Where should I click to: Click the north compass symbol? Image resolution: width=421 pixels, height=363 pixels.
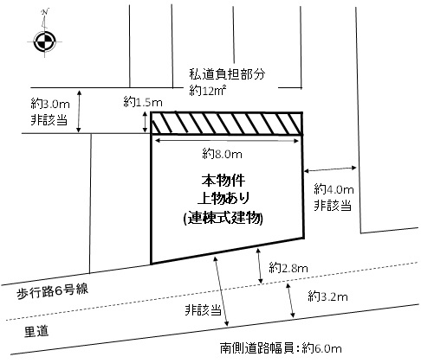pos(45,41)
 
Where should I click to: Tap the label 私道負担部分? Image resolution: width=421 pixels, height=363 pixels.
pos(227,74)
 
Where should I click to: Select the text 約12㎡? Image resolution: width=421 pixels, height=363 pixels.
pos(207,91)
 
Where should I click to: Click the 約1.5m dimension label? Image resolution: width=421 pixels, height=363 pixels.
pos(143,102)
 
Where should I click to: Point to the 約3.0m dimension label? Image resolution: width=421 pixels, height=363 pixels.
pos(50,104)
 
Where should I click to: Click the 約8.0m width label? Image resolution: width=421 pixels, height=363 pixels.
pos(222,154)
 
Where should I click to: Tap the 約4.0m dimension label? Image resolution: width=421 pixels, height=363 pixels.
pos(334,189)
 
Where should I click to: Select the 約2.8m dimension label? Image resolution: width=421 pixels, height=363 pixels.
pos(288,268)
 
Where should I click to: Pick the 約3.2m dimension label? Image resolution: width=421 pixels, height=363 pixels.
pos(327,296)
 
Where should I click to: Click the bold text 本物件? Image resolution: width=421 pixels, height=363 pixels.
pos(223,181)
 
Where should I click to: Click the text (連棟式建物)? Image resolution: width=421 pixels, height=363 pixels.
pos(223,218)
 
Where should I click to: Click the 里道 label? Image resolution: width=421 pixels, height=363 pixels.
pos(36,331)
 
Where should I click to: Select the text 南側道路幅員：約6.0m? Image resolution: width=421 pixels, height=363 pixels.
pos(281,348)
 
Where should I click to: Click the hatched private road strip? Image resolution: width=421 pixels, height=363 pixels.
pos(227,124)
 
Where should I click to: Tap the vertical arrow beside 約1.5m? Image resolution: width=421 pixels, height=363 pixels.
pos(146,123)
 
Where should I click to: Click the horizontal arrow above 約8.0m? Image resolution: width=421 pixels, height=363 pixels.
pos(227,141)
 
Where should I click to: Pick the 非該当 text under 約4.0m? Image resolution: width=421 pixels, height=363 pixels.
pos(333,206)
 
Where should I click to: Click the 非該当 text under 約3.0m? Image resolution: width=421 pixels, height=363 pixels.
pos(49,119)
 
